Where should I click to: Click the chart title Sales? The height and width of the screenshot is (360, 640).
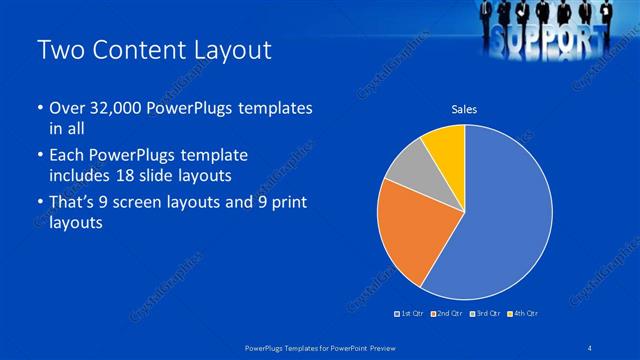tap(464, 110)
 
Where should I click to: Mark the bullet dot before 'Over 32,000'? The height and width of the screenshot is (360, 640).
tap(39, 108)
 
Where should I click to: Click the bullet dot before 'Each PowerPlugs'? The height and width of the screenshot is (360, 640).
tap(39, 156)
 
